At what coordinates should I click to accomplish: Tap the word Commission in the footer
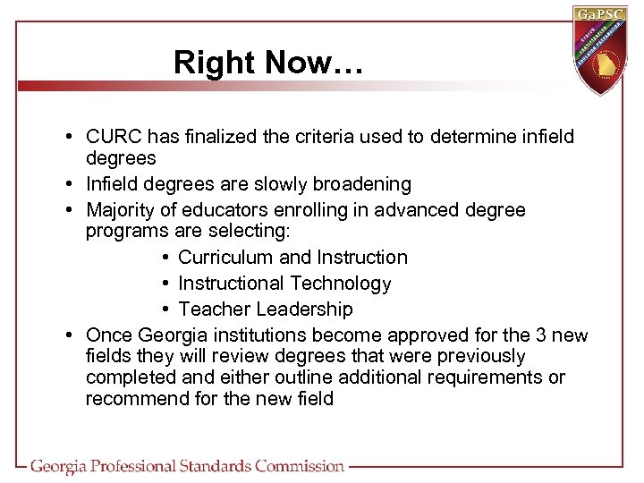pos(299,466)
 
